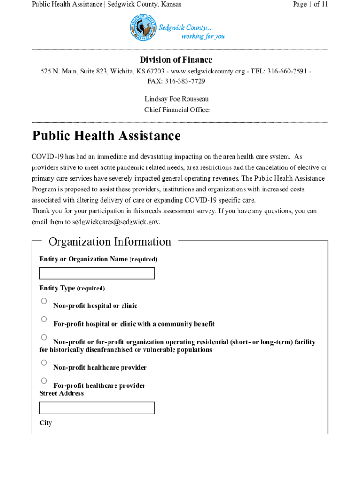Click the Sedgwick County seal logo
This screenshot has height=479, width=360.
click(x=143, y=28)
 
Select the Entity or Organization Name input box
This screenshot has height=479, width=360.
click(x=97, y=273)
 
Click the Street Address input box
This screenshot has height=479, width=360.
click(x=97, y=408)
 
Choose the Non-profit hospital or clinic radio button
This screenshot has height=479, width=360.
click(x=44, y=301)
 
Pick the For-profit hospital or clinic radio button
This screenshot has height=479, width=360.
click(x=44, y=319)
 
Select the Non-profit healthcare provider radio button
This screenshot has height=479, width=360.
click(x=44, y=363)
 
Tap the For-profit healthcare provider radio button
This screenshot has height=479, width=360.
click(x=44, y=381)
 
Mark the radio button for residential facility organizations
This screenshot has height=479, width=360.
click(x=44, y=337)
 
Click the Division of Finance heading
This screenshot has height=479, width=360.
click(x=176, y=60)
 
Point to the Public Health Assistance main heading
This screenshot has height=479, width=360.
click(x=106, y=136)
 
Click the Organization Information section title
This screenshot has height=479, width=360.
click(x=110, y=242)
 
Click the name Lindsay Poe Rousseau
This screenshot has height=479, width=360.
click(x=177, y=99)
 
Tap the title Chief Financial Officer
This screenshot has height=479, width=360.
click(x=177, y=110)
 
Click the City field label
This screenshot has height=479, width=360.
click(x=46, y=423)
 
